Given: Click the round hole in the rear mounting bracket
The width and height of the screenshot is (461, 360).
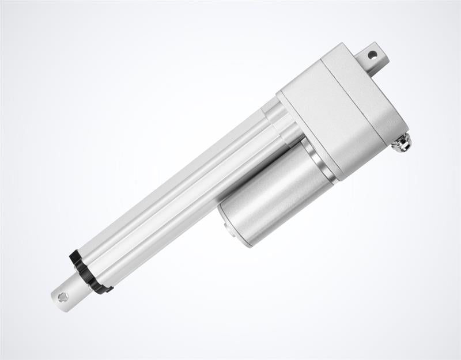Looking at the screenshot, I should coord(372,55).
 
